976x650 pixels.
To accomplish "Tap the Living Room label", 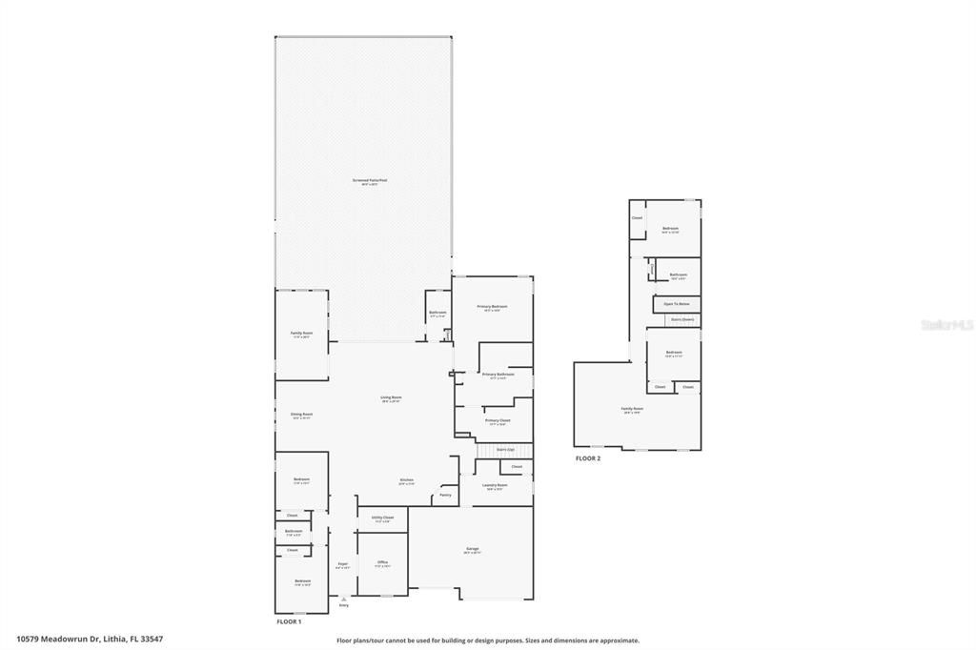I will pos(392,397).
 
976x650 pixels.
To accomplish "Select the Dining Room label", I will pos(301,415).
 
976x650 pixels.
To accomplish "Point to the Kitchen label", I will pos(406,479).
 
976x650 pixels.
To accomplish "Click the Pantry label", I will pos(445,495).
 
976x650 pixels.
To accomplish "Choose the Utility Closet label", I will pos(382,518).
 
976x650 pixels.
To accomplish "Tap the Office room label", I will pos(382,562).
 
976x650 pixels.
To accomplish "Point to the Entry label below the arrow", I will pos(344,605).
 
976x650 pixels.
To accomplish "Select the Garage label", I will pos(472,549).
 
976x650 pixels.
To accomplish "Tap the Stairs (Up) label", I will pos(505,449).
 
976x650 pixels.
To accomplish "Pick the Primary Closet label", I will pos(498,420).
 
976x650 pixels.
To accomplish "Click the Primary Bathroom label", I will pos(498,375).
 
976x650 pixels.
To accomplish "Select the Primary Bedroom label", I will pos(493,307).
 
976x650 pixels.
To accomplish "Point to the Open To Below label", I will pos(677,304).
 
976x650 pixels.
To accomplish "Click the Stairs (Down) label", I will pos(682,319).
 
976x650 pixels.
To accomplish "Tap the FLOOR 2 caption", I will pos(588,458).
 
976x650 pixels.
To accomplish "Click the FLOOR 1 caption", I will pos(288,621).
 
